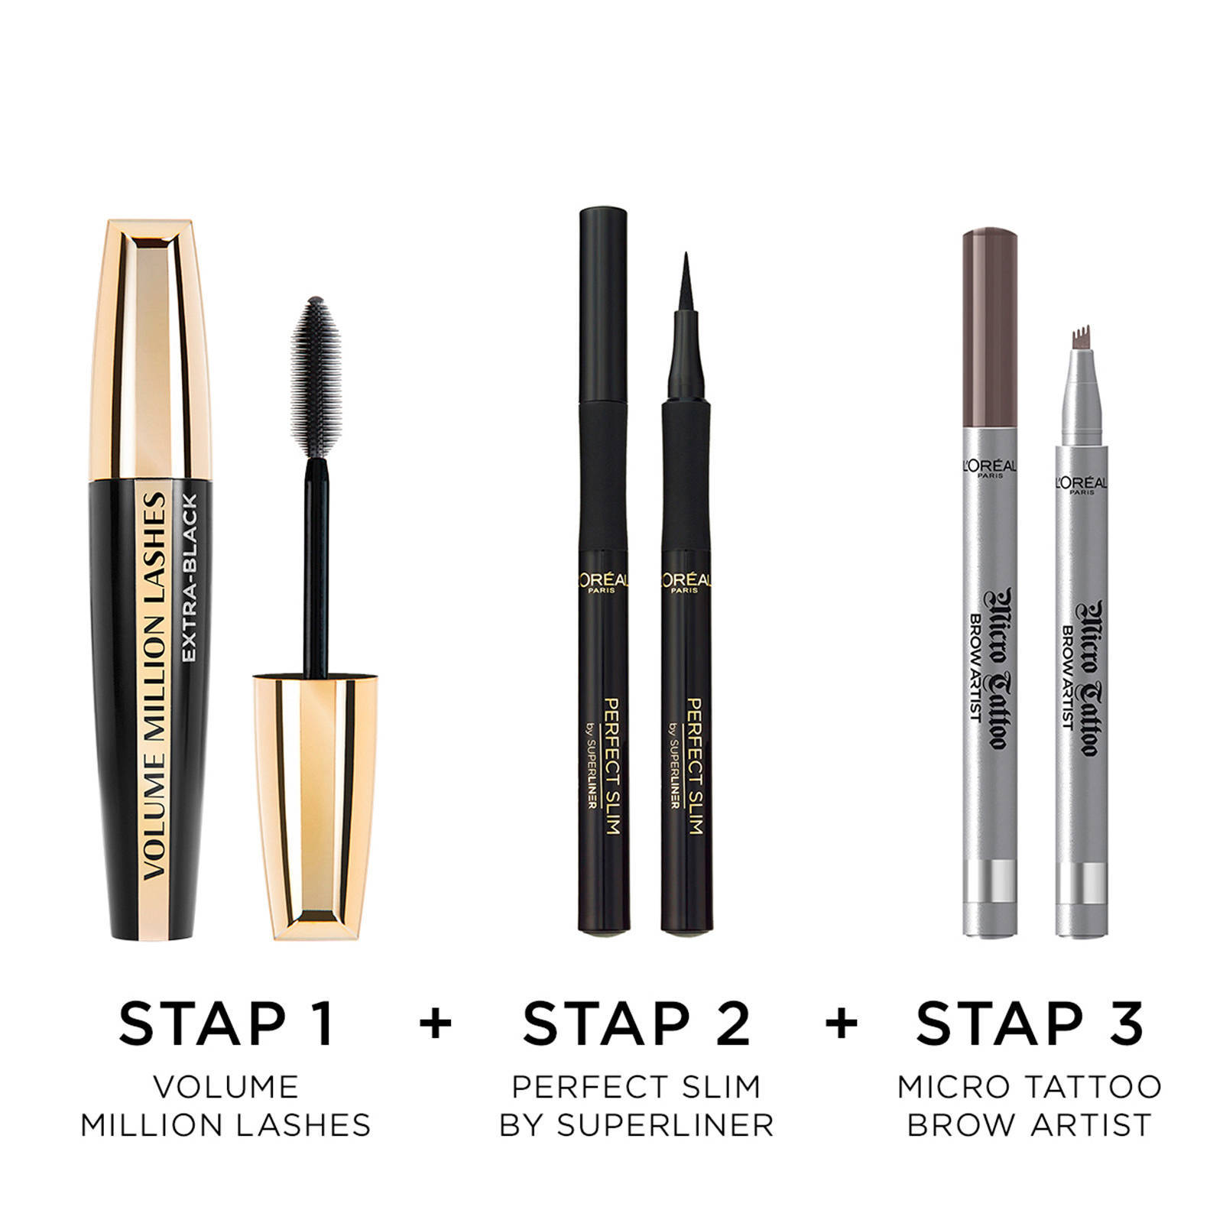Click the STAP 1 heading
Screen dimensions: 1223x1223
click(226, 1023)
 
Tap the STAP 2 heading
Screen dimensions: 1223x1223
click(637, 1023)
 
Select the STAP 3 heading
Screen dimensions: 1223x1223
click(1030, 1023)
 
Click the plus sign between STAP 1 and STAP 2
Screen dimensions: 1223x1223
click(436, 1023)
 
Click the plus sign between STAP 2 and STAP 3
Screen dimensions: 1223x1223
click(842, 1023)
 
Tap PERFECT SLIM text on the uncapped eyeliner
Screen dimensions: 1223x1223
click(694, 765)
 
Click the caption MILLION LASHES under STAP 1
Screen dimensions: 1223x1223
click(226, 1125)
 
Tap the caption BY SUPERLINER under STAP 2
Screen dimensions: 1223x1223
click(637, 1125)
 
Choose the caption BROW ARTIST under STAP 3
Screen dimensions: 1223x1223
click(1030, 1125)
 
